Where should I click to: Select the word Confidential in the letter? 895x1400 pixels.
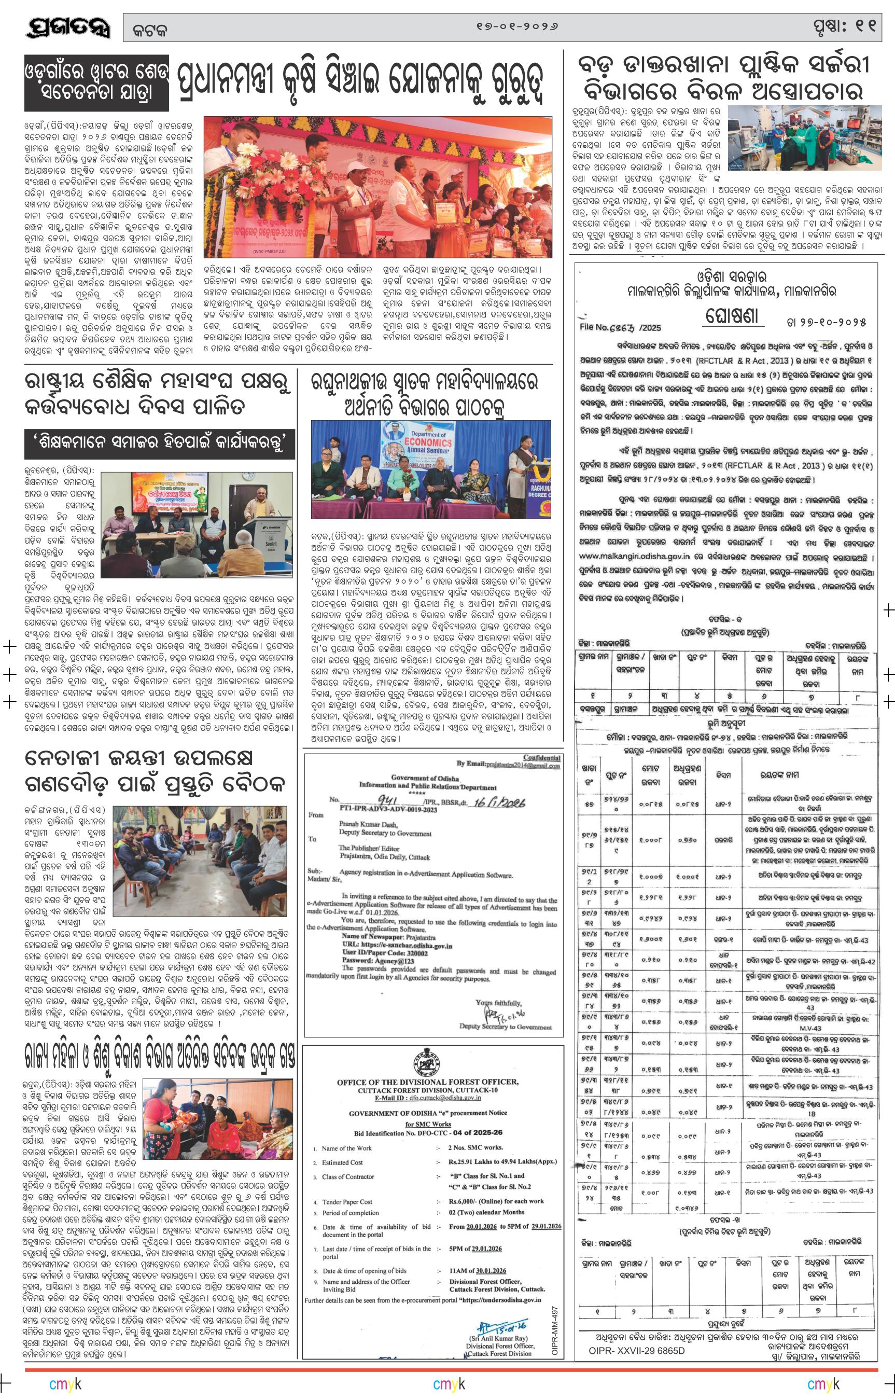(542, 757)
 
